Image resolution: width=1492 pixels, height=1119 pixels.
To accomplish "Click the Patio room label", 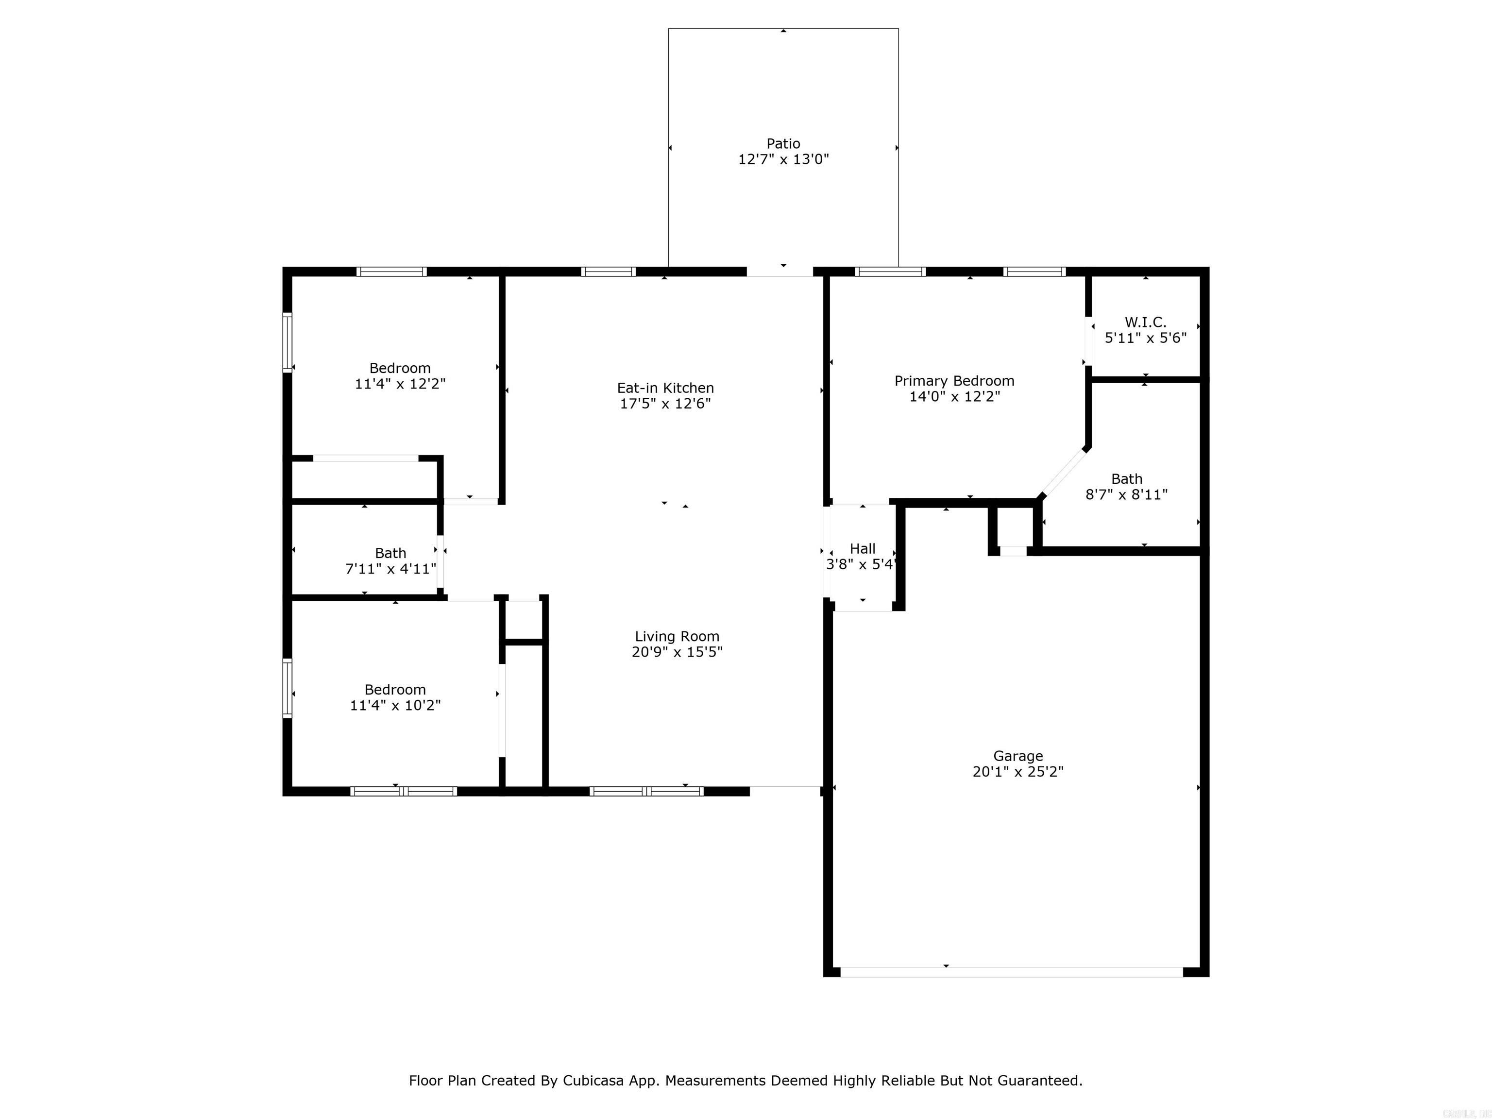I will coord(783,144).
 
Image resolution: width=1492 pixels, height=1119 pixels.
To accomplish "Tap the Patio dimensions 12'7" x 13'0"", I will coord(783,160).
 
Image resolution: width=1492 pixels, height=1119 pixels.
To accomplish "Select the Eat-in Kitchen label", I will coord(665,388).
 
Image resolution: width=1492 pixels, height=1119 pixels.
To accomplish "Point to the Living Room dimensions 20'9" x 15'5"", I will coord(677,652).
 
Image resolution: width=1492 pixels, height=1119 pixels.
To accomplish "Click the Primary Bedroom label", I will coord(954,381).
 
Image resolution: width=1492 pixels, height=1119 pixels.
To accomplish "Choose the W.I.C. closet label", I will coord(1145,322).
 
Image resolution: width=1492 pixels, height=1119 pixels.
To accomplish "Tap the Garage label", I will coord(1017,756).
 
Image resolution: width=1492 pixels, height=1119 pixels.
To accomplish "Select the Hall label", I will coord(863,549).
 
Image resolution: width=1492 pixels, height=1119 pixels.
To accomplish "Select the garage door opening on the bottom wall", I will coord(1011,972).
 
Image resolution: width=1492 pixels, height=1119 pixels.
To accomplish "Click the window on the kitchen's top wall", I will coord(609,272).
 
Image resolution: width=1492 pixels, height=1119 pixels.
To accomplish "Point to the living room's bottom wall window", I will coord(646,791).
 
